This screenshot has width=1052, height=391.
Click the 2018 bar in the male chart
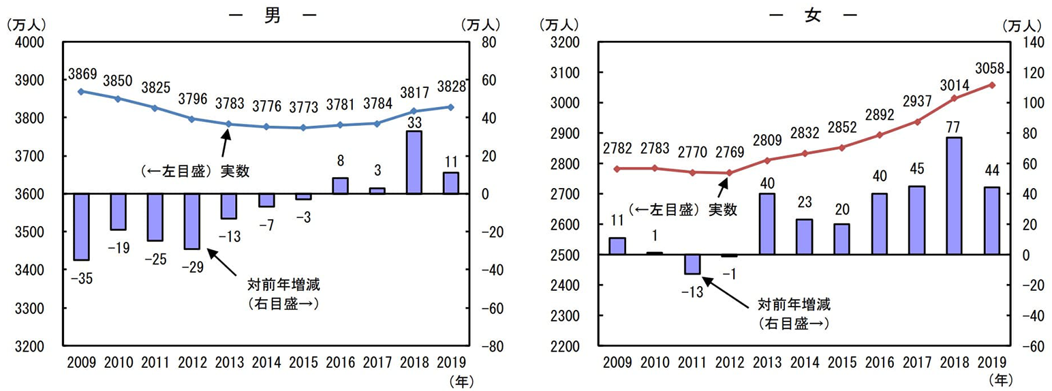414,162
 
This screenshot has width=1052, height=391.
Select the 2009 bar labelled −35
81,227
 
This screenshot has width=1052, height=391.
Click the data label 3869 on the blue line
81,73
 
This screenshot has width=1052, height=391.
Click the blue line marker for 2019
450,107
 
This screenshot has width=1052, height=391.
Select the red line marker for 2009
617,169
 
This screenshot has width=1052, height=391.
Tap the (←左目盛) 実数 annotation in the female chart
683,210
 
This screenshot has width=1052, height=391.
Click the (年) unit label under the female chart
1000,377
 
